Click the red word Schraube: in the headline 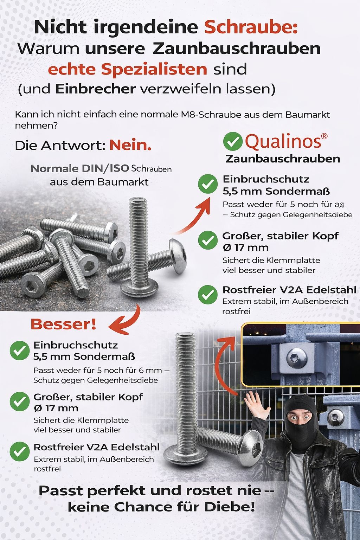click(x=251, y=27)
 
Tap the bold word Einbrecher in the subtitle click(x=95, y=89)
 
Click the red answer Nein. click(x=130, y=145)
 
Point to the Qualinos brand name click(x=283, y=141)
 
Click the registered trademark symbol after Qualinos click(x=324, y=136)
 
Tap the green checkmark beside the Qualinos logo click(x=233, y=141)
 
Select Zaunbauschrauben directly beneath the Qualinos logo click(x=283, y=159)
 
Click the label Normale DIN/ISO click(x=80, y=168)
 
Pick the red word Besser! click(x=64, y=324)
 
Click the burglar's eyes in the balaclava click(x=299, y=417)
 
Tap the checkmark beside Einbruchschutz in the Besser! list click(x=20, y=351)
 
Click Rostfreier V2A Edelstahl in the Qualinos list click(x=289, y=290)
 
